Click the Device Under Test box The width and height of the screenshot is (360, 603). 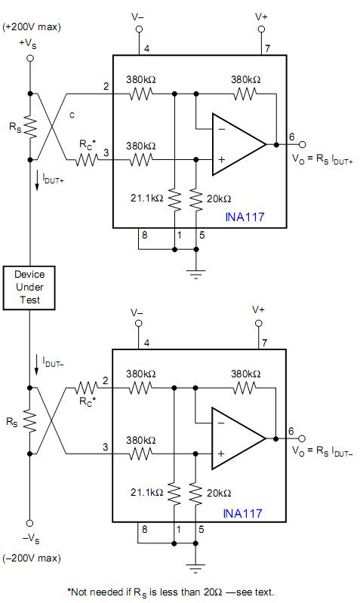point(29,288)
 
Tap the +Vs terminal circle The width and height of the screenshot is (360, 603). point(30,58)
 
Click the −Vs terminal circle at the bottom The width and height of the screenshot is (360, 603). point(29,523)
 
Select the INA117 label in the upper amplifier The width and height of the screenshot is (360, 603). point(245,217)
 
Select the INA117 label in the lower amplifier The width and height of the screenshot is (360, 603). point(243,513)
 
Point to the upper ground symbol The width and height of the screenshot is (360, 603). point(195,274)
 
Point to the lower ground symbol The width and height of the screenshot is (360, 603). point(195,568)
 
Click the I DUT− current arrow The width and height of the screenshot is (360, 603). point(37,365)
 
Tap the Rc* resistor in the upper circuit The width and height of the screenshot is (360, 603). point(87,159)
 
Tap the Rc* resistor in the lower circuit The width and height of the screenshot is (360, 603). point(87,388)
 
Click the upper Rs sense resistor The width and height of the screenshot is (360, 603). point(30,127)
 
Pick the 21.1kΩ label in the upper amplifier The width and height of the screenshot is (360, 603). point(147,198)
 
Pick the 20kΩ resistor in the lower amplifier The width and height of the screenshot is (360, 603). point(195,494)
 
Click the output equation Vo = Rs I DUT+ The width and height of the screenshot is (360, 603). point(322,158)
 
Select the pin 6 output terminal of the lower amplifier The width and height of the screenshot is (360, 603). point(303,438)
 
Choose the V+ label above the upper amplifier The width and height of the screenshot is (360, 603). point(262,17)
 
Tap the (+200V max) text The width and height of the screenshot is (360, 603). point(32,27)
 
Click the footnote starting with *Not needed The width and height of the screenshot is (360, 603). point(171,592)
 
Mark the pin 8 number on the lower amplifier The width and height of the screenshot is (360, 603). point(144,530)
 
